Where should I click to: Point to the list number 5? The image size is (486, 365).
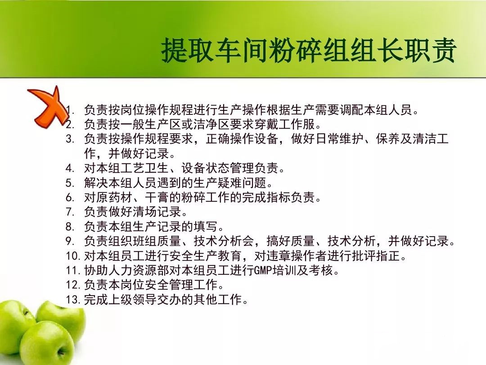pos(70,183)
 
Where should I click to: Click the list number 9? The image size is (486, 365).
pos(70,241)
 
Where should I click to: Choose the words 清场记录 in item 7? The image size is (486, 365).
pos(157,212)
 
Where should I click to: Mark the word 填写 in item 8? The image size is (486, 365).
pos(206,227)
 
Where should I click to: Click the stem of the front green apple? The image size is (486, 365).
pos(59,352)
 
